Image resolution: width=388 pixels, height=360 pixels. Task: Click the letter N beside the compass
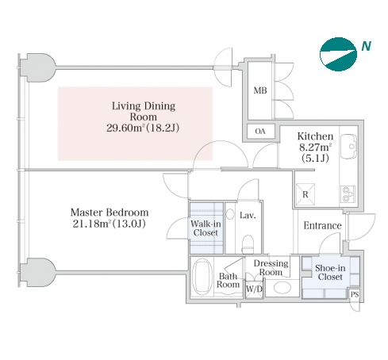pyautogui.click(x=367, y=46)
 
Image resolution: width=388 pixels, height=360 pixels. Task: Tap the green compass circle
pyautogui.click(x=338, y=54)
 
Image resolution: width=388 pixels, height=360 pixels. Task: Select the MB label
pyautogui.click(x=260, y=90)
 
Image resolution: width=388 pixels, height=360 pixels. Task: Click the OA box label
pyautogui.click(x=260, y=132)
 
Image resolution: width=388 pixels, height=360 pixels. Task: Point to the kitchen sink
pyautogui.click(x=348, y=147)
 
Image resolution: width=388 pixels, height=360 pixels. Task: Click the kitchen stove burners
pyautogui.click(x=348, y=194)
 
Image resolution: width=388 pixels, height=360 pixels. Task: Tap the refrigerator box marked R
pyautogui.click(x=305, y=194)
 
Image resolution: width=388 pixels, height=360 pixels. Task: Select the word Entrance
pyautogui.click(x=322, y=226)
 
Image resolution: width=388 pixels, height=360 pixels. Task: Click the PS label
pyautogui.click(x=355, y=294)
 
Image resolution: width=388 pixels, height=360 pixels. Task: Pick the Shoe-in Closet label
pyautogui.click(x=330, y=273)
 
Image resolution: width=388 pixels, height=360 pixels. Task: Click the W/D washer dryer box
pyautogui.click(x=254, y=289)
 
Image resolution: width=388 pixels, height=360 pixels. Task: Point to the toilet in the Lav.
pyautogui.click(x=248, y=244)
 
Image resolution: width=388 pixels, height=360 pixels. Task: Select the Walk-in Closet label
pyautogui.click(x=206, y=228)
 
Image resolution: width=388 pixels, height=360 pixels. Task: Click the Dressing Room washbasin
pyautogui.click(x=282, y=288)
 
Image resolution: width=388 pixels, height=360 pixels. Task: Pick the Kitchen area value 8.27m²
pyautogui.click(x=316, y=147)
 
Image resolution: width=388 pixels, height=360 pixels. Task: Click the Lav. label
pyautogui.click(x=248, y=216)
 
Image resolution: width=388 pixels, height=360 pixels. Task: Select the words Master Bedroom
pyautogui.click(x=109, y=213)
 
